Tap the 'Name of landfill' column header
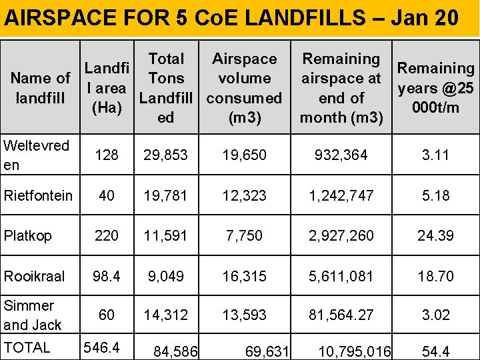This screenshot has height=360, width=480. tap(41, 88)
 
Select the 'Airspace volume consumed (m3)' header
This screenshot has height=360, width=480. tap(245, 88)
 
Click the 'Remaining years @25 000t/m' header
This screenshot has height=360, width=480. tap(435, 88)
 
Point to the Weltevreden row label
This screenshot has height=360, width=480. tap(36, 155)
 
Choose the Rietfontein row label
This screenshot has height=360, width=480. tap(38, 195)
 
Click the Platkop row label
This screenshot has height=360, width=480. tap(28, 235)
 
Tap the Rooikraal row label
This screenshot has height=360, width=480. tap(34, 275)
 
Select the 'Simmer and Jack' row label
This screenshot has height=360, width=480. tap(33, 315)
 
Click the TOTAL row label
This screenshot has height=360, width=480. tap(27, 347)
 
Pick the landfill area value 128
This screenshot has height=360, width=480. tap(107, 155)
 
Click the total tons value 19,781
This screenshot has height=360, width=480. tap(166, 195)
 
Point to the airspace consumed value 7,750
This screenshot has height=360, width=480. tap(244, 235)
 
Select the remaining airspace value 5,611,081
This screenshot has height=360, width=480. tap(341, 275)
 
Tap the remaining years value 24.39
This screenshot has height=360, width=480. tap(436, 235)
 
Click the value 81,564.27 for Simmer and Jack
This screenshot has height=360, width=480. tap(341, 315)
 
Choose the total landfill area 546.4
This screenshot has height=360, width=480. tap(101, 347)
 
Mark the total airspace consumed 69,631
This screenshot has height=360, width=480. tap(266, 351)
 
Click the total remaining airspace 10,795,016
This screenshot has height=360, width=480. tap(355, 351)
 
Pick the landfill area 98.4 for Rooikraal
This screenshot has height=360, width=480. tap(107, 275)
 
